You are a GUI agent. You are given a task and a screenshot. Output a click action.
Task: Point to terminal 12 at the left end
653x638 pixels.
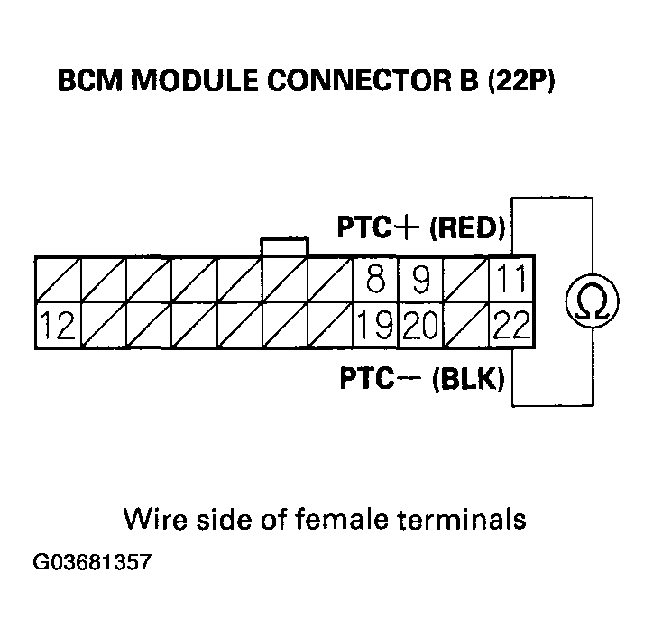(x=58, y=326)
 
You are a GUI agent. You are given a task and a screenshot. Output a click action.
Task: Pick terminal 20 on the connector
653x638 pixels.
(x=420, y=326)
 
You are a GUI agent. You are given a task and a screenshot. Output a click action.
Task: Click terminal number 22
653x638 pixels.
(x=510, y=326)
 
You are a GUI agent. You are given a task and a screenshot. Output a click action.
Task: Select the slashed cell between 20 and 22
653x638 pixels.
(x=465, y=326)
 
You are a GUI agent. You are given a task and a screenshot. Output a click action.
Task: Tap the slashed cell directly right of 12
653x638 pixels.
(x=103, y=326)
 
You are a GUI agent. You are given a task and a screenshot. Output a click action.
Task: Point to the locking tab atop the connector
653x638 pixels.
(x=283, y=247)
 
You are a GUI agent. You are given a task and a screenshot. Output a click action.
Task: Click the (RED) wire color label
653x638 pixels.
(x=466, y=227)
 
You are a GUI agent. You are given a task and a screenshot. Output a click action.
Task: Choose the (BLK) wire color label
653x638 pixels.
(x=467, y=379)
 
